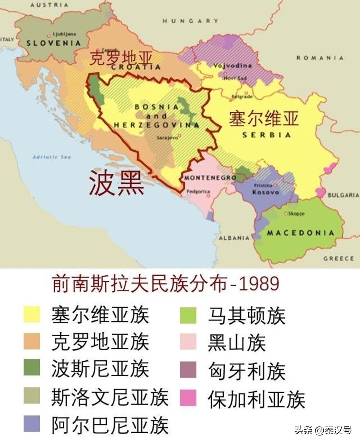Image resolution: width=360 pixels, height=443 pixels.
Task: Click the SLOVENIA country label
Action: (54, 43)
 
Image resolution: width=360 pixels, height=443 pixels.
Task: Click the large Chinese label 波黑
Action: (116, 184)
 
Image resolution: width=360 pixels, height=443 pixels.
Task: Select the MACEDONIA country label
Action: (300, 233)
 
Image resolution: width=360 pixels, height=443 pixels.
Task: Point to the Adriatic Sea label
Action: (52, 157)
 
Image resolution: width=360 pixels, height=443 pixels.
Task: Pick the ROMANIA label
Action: (320, 58)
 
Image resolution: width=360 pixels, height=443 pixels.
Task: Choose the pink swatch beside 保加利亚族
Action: (188, 398)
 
